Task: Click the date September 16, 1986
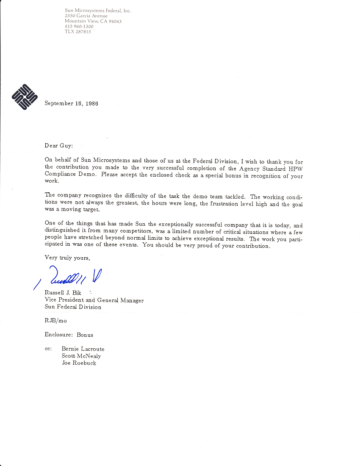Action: tap(71, 103)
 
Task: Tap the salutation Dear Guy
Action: tap(59, 146)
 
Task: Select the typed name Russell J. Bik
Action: tap(63, 293)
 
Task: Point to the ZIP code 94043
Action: tap(114, 21)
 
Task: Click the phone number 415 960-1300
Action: tap(79, 26)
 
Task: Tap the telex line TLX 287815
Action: tap(78, 31)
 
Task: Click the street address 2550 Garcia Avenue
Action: tap(86, 16)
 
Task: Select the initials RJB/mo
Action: tap(55, 321)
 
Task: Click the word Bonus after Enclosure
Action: tap(85, 335)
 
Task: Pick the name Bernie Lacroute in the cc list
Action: tap(83, 349)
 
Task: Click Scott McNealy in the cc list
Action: tap(81, 356)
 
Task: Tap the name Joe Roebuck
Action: tap(79, 363)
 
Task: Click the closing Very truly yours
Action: tap(67, 257)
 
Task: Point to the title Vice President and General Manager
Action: tap(94, 300)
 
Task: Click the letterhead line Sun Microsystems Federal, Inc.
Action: tap(98, 11)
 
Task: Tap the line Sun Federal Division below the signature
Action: tap(73, 307)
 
